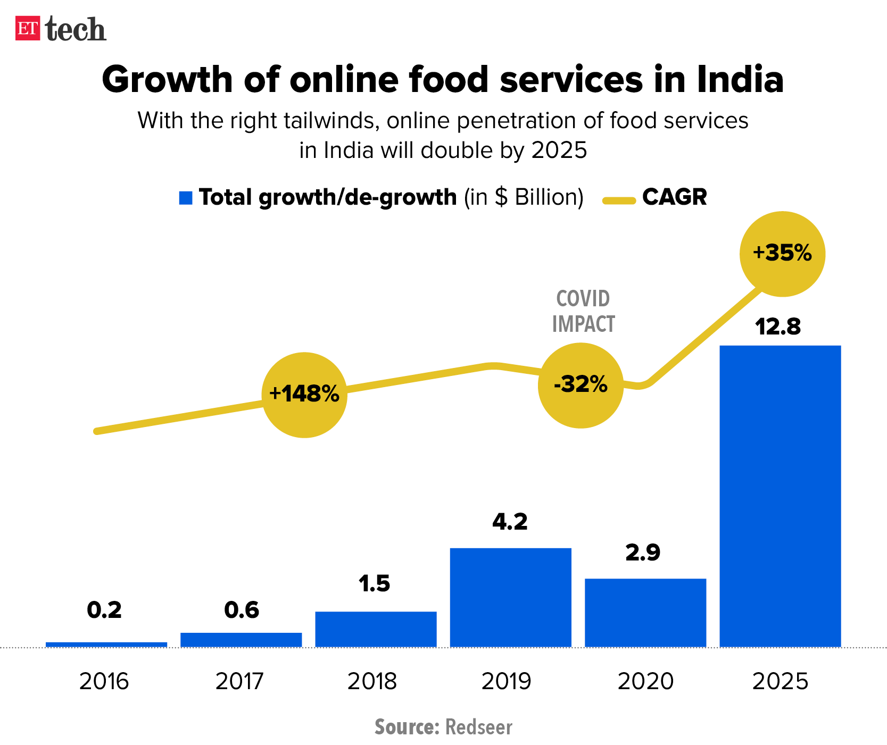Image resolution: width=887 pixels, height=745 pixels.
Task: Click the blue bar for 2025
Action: pos(780,496)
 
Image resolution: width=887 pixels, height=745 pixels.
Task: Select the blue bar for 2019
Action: pos(510,597)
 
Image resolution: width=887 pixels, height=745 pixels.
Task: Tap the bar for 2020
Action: pos(645,613)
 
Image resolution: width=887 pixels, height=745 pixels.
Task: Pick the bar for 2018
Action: pos(376,629)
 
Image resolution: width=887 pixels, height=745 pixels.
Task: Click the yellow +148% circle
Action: pos(304,395)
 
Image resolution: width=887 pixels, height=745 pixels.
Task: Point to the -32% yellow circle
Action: pos(581,385)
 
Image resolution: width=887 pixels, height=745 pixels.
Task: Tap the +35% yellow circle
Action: pos(782,254)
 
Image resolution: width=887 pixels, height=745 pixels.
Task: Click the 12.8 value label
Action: pos(778,327)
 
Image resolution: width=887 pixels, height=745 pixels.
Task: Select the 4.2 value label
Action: pos(510,522)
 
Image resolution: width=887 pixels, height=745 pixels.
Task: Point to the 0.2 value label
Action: pos(104,610)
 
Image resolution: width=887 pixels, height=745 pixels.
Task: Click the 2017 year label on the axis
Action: pos(239,681)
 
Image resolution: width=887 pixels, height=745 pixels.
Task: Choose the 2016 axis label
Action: pos(104,681)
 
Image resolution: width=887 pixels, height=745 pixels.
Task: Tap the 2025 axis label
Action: pos(780,681)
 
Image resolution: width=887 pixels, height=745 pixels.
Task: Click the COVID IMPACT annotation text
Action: pos(583,311)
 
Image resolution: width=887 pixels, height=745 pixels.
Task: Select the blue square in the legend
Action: pos(186,198)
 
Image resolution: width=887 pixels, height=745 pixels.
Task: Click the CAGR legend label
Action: pos(674,197)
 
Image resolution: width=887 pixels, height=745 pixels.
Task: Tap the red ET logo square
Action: pos(28,29)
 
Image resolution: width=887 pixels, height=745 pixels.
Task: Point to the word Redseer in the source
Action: pos(478,727)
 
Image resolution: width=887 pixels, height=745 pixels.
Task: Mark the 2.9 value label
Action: pos(643,553)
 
